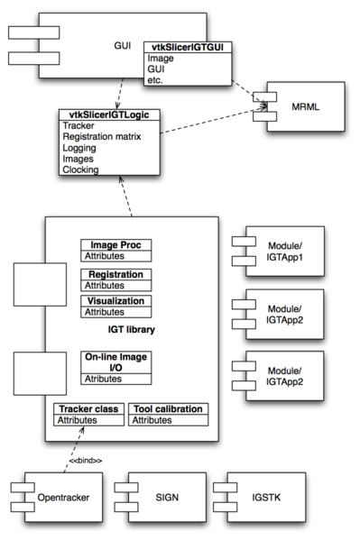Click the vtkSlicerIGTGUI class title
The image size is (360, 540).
(x=187, y=47)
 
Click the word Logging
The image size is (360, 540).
(x=79, y=148)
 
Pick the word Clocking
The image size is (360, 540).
(x=81, y=169)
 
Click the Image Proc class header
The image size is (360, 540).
(x=116, y=245)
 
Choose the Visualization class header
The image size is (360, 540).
(x=116, y=301)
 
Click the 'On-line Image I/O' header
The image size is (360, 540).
(x=115, y=363)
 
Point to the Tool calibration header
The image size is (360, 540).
(x=168, y=409)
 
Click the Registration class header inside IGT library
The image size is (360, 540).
(x=116, y=274)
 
